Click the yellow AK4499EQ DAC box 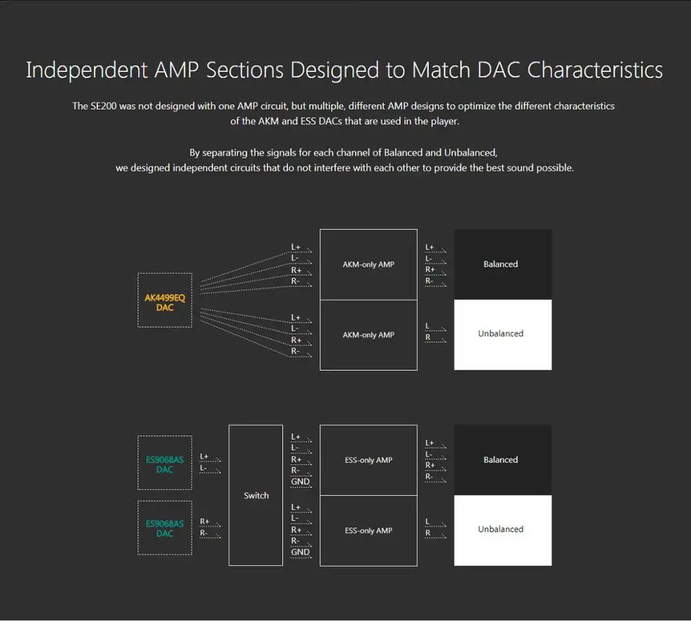[x=164, y=300]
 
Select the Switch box [x=256, y=495]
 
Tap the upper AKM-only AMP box [x=368, y=265]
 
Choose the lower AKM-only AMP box [x=368, y=335]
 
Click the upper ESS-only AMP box [x=368, y=460]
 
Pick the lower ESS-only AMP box [x=368, y=531]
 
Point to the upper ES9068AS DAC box [x=164, y=463]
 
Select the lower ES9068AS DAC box [x=164, y=528]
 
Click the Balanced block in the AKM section [x=502, y=265]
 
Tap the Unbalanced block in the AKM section [x=502, y=334]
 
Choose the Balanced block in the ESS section [x=502, y=460]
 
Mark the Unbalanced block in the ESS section [x=502, y=530]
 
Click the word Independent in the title [x=86, y=70]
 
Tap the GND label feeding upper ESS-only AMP [x=301, y=482]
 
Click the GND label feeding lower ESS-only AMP [x=301, y=552]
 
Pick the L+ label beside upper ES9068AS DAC [x=205, y=457]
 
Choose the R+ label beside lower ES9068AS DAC [x=205, y=522]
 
